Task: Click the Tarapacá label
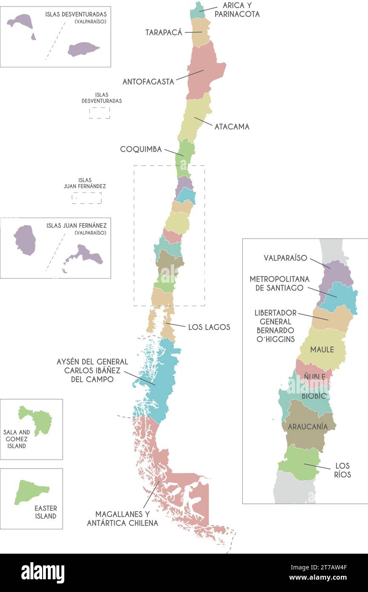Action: click(x=164, y=32)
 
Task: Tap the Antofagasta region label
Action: click(x=148, y=81)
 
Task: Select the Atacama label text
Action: click(x=232, y=126)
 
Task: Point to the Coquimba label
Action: click(x=141, y=149)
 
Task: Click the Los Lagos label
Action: click(x=209, y=327)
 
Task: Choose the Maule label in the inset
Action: click(x=322, y=350)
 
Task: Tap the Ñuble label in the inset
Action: click(x=315, y=376)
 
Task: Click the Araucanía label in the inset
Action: click(x=308, y=426)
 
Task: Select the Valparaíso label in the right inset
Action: click(x=285, y=258)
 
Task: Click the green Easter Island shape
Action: click(x=31, y=491)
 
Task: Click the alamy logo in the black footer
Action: click(x=43, y=573)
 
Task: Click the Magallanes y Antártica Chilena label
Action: click(x=123, y=518)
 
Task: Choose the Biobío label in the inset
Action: click(x=314, y=396)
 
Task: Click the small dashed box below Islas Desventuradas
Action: click(x=100, y=113)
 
